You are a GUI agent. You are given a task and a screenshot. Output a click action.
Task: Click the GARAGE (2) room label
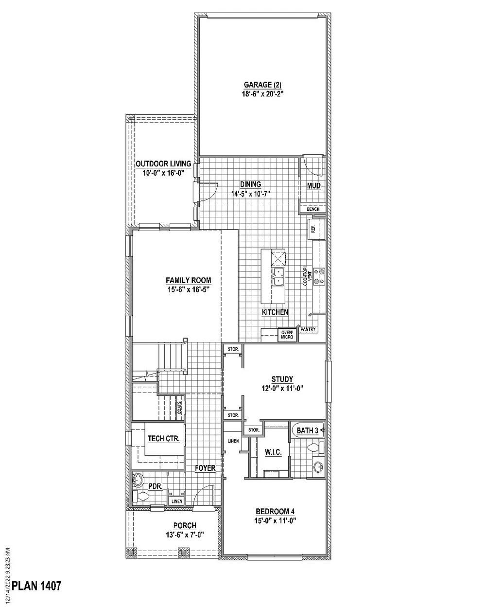[x=262, y=85]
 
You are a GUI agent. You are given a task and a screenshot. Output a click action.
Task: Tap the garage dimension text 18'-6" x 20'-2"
[x=262, y=94]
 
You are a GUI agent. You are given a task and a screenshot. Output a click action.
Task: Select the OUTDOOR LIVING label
[x=163, y=164]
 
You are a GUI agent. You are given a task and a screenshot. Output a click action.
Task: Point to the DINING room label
[x=250, y=184]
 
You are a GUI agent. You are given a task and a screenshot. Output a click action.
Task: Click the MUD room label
[x=314, y=186]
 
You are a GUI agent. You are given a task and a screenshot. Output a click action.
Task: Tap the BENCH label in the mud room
[x=313, y=209]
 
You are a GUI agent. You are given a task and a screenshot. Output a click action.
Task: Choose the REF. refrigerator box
[x=316, y=228]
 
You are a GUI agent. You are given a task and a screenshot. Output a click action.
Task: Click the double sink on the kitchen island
[x=278, y=277]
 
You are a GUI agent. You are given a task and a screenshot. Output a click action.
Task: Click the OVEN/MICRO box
[x=287, y=335]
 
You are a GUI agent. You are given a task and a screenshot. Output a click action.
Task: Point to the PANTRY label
[x=308, y=329]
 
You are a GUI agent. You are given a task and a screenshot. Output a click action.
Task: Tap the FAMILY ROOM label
[x=189, y=281]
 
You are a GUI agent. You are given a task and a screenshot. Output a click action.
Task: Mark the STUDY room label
[x=282, y=379]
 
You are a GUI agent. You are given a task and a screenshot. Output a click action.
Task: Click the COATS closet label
[x=179, y=408]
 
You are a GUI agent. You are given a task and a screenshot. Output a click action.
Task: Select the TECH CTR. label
[x=164, y=438]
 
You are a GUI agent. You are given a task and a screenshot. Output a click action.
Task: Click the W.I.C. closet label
[x=273, y=452]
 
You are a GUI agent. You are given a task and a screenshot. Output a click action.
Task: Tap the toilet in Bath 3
[x=316, y=447]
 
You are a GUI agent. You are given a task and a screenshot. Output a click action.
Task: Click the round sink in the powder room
[x=138, y=481]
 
